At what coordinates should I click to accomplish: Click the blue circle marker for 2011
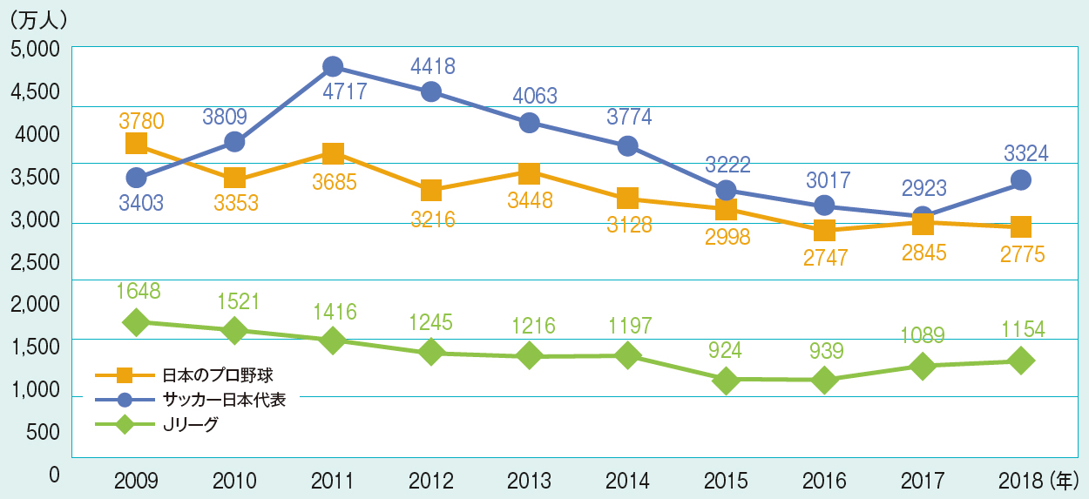point(332,66)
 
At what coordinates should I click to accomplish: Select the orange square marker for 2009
point(136,143)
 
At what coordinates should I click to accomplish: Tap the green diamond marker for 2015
point(727,380)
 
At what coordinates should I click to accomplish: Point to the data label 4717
point(332,91)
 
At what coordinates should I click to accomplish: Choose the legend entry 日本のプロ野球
point(224,375)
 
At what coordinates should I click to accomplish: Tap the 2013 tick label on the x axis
point(530,479)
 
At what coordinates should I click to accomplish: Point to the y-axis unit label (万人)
point(36,17)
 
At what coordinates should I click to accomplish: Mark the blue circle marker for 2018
point(1021,180)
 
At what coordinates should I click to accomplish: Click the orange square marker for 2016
point(824,230)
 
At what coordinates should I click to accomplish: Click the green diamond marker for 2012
point(430,352)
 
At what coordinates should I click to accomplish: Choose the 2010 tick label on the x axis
point(234,479)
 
